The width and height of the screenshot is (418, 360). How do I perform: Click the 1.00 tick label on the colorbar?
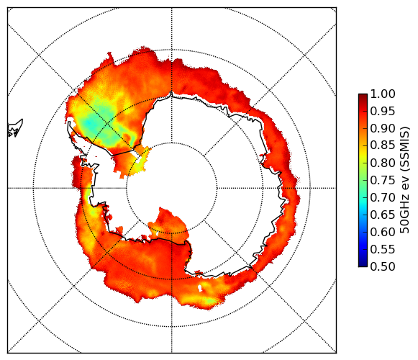(383, 94)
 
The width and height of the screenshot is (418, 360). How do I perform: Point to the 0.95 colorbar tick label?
(383, 112)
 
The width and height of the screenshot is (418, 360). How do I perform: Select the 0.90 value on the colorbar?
(383, 128)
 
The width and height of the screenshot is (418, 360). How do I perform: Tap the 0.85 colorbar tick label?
(383, 145)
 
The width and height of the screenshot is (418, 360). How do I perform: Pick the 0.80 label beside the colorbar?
(383, 163)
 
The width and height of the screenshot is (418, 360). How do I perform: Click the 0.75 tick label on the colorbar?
(383, 180)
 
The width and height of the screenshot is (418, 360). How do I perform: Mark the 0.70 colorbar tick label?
(383, 197)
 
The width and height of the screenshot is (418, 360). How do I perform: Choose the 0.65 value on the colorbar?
(383, 215)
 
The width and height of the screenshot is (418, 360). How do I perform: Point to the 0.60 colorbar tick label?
(383, 232)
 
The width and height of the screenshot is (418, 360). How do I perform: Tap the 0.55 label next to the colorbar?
(383, 249)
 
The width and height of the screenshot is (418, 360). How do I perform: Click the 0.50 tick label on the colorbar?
(383, 266)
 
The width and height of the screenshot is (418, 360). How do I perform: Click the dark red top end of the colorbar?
(363, 95)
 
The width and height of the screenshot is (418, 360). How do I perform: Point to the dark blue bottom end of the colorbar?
(363, 265)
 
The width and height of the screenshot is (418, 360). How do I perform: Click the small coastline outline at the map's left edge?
(15, 128)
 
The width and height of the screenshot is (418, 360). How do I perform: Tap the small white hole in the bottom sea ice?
(200, 288)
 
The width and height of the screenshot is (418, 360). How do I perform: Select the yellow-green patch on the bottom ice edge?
(211, 301)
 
